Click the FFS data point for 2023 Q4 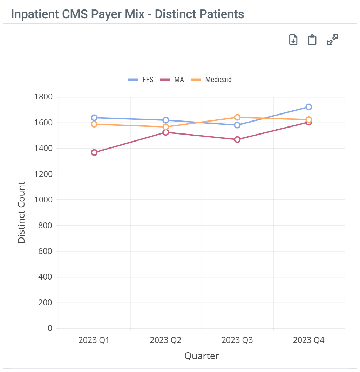(308, 107)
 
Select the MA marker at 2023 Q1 (94, 152)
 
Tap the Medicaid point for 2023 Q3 (237, 117)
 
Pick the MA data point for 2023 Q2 (166, 132)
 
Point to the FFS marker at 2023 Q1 (94, 118)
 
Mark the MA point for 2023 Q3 (237, 139)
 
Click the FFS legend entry (141, 80)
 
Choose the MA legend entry (172, 80)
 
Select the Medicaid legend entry (211, 80)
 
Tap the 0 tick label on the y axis (50, 328)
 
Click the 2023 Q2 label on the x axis (166, 340)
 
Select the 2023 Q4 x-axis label (308, 340)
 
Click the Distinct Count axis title (21, 212)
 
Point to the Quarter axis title (202, 356)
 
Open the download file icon (293, 40)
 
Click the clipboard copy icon (312, 40)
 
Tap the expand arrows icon (332, 40)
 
